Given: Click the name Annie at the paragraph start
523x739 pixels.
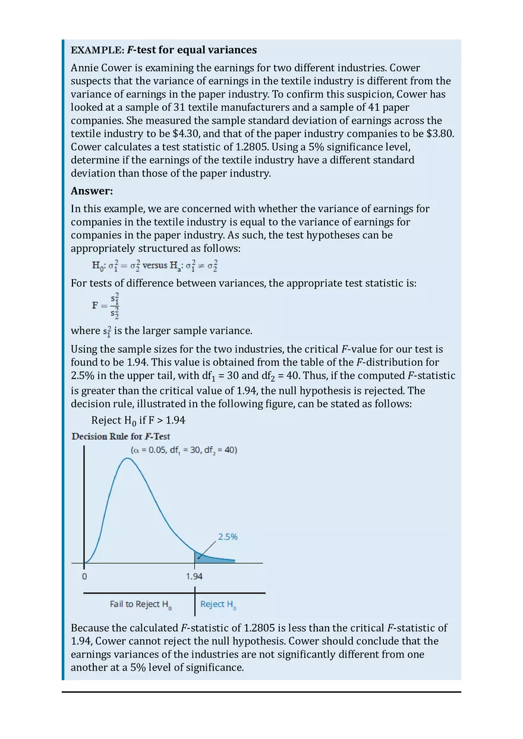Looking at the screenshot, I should click(x=85, y=68).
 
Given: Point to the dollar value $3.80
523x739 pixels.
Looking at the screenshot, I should click(x=440, y=134).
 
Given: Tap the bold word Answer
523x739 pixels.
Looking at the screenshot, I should click(x=92, y=191).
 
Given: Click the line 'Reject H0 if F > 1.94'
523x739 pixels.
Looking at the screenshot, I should click(x=138, y=421).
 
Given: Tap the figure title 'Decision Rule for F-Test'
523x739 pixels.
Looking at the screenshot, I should click(x=121, y=437).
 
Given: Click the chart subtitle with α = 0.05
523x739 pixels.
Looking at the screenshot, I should click(x=184, y=450).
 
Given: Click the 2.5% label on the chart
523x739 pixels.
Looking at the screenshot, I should click(x=228, y=536).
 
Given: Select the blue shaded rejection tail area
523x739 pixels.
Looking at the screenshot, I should click(x=208, y=557).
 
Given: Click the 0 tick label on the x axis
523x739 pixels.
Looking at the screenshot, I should click(x=84, y=576).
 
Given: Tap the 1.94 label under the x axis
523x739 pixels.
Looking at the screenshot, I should click(x=194, y=576).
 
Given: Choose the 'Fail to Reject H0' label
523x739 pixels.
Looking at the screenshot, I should click(x=141, y=604).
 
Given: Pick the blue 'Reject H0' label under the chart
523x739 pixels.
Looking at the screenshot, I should click(x=218, y=604).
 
